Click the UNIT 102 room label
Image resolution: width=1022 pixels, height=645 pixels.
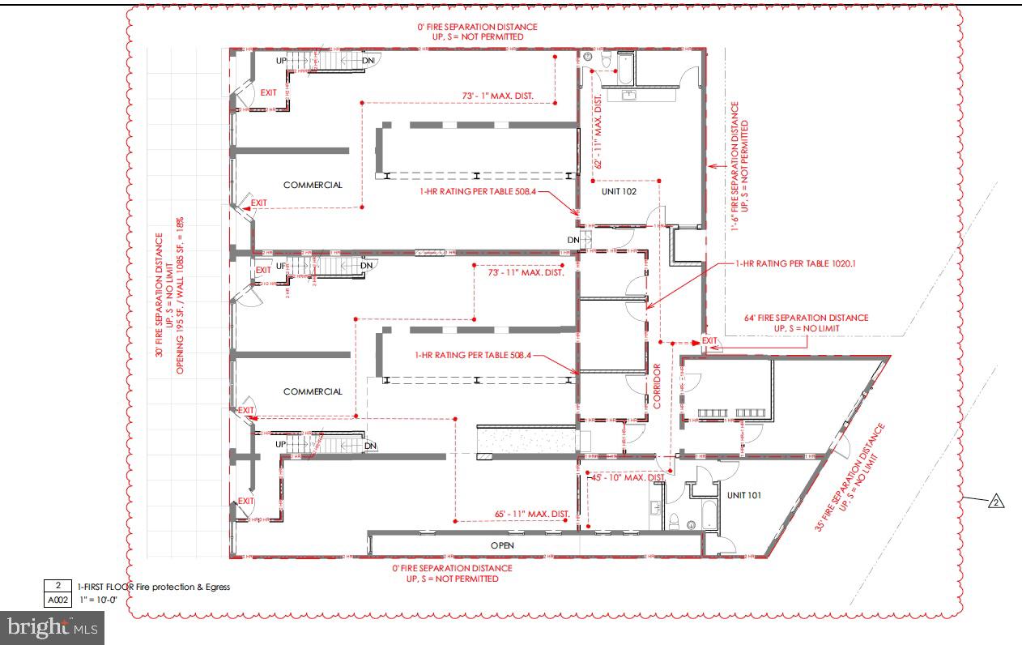pos(618,192)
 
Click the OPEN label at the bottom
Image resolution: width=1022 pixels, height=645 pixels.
pos(503,545)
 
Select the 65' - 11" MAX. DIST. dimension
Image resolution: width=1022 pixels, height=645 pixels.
pos(532,514)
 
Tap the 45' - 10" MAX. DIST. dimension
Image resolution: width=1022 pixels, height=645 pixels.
pos(628,477)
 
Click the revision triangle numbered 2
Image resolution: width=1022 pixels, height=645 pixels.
pos(996,502)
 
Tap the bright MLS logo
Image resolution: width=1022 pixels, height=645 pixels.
pos(52,627)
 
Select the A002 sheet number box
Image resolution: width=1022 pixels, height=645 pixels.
pos(57,600)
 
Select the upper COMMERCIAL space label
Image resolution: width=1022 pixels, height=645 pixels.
pos(313,185)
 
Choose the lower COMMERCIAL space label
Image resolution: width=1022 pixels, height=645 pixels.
pos(313,391)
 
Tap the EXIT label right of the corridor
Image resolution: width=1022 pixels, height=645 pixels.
pos(709,340)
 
